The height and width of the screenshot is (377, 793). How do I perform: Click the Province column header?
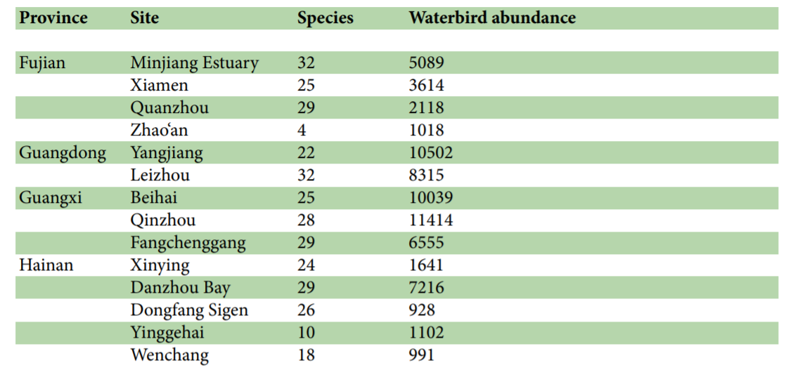point(53,18)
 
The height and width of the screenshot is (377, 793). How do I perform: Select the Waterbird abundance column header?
point(491,18)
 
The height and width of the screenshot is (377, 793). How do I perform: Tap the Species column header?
point(325,18)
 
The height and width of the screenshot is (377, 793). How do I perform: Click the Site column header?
point(144,18)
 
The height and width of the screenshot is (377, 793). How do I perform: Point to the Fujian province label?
point(42,62)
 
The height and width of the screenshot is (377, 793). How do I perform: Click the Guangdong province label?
point(63,152)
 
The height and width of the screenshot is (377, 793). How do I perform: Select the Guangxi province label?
point(51,197)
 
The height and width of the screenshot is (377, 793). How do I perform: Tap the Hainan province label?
point(46,265)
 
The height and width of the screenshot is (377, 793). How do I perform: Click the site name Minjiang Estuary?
point(194,62)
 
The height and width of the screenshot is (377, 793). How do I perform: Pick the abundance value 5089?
point(426,62)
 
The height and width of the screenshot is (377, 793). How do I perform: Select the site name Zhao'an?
point(159,130)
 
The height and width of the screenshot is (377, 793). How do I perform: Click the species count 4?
point(302,130)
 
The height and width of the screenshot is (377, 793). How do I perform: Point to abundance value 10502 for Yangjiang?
point(430,152)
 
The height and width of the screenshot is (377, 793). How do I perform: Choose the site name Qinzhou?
point(162,220)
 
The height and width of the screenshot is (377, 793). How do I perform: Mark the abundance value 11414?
point(430,220)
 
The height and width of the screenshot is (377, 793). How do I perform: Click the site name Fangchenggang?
point(188,243)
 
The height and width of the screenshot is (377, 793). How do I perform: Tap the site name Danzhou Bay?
point(180,288)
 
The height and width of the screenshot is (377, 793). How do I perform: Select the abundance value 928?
point(422,310)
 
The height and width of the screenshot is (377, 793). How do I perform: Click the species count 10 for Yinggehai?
point(306,332)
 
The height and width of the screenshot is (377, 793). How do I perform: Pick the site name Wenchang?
point(169,355)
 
